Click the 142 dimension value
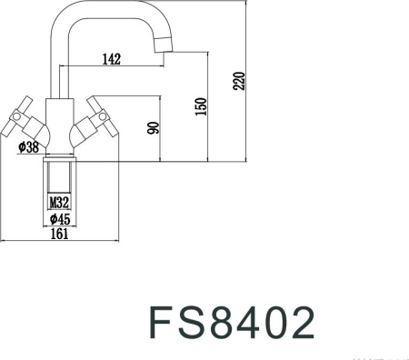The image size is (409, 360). click(x=112, y=59)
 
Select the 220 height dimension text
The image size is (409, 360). click(x=240, y=81)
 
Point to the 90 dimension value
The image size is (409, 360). click(x=155, y=128)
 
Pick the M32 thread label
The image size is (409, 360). click(x=59, y=202)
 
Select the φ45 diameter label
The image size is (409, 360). click(x=60, y=219)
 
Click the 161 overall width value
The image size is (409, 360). click(x=60, y=235)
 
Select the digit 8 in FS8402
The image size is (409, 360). click(x=223, y=323)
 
